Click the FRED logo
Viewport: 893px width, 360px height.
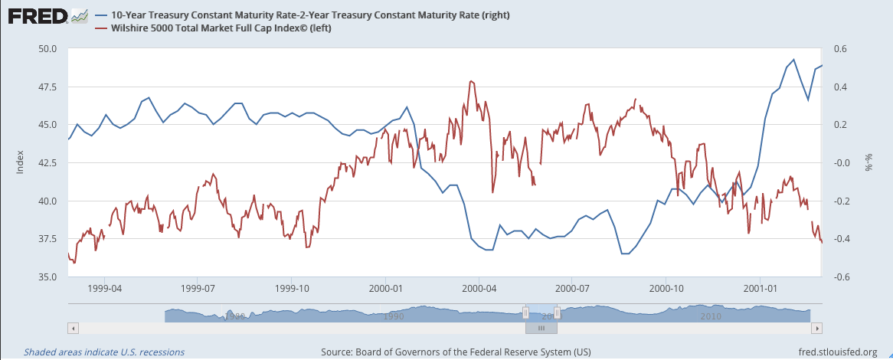pos(47,16)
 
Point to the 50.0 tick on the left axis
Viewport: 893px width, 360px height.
pos(48,49)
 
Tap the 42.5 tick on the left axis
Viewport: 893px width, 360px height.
pos(48,163)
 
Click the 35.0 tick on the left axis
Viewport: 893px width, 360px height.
pos(48,277)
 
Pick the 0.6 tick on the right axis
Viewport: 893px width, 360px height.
pos(841,49)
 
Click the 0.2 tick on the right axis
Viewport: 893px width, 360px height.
pos(841,125)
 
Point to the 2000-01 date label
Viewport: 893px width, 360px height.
pos(385,289)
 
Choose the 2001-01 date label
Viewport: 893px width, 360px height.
pos(760,289)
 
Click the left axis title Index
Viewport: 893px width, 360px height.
pos(20,162)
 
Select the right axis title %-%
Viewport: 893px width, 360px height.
pos(868,163)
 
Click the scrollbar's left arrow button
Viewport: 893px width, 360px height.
pos(72,328)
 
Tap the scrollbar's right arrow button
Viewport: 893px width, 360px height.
pos(817,328)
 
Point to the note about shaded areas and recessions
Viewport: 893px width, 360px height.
pos(104,352)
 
